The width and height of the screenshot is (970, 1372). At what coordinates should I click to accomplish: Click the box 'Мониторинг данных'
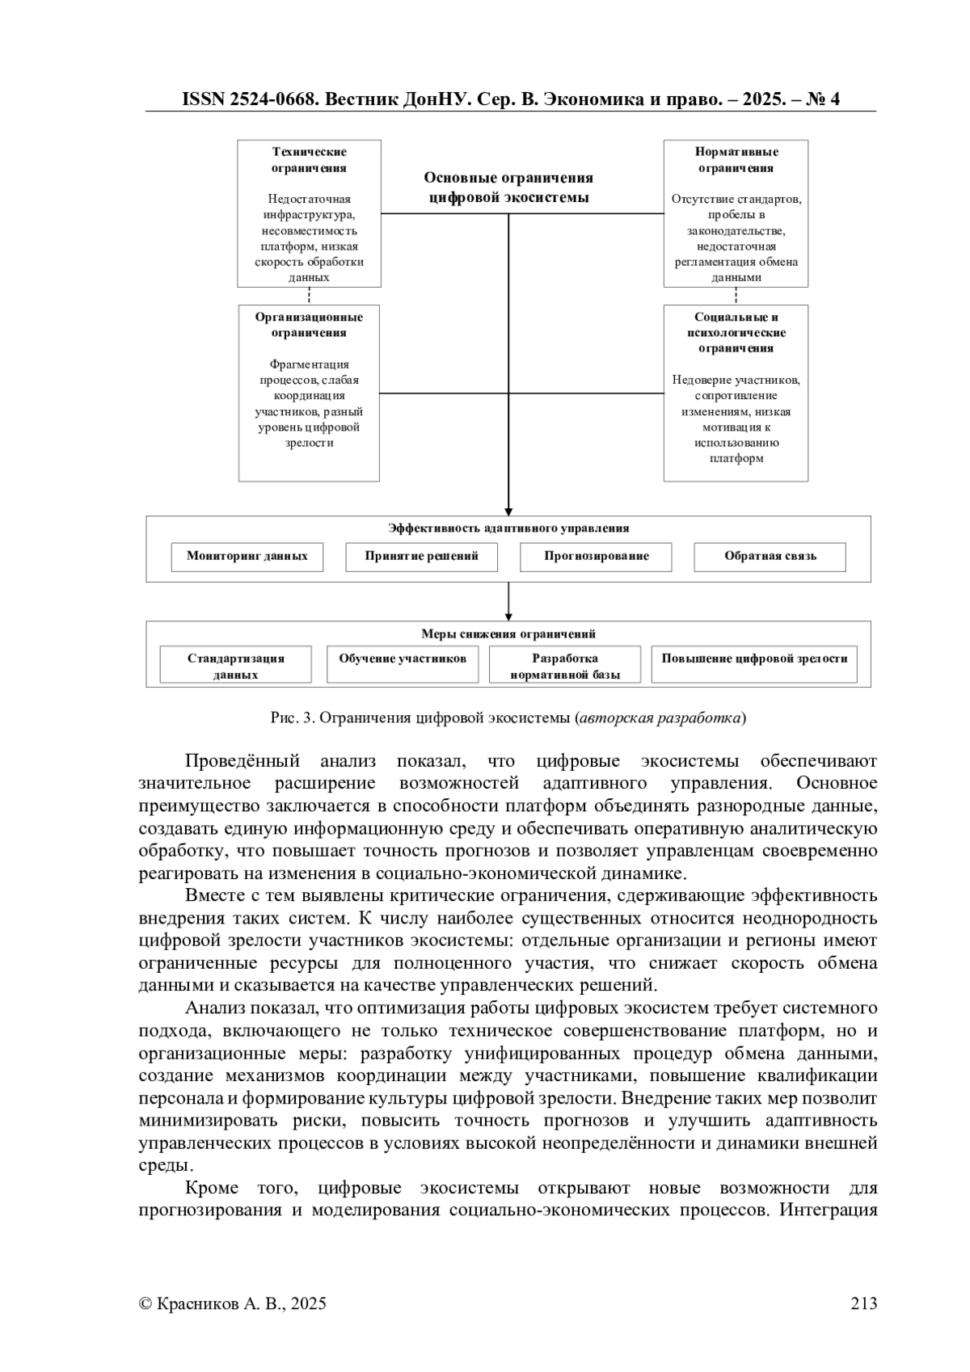pyautogui.click(x=247, y=557)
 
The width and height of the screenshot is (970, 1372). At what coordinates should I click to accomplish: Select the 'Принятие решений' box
pyautogui.click(x=421, y=557)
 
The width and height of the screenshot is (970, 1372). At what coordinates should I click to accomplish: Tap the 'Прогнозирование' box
pyautogui.click(x=596, y=557)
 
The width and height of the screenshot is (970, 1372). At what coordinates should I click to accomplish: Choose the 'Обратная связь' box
pyautogui.click(x=770, y=557)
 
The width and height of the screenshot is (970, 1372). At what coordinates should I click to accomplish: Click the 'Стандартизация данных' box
pyautogui.click(x=236, y=665)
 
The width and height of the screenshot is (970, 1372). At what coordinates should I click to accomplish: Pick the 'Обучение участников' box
pyautogui.click(x=403, y=659)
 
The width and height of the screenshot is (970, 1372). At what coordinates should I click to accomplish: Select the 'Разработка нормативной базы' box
pyautogui.click(x=565, y=665)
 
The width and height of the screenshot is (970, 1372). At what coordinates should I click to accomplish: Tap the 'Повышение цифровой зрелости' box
pyautogui.click(x=754, y=659)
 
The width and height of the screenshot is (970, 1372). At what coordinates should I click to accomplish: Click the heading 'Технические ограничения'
pyautogui.click(x=309, y=160)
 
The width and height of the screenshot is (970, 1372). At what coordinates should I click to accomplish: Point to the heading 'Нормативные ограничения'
pyautogui.click(x=736, y=160)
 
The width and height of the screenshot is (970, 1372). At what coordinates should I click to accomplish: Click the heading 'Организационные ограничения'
pyautogui.click(x=309, y=325)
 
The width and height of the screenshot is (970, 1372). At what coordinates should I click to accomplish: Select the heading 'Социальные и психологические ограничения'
pyautogui.click(x=736, y=333)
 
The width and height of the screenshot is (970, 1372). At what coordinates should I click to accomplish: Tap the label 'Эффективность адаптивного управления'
pyautogui.click(x=508, y=528)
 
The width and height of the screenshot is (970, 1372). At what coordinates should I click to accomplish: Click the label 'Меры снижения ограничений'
pyautogui.click(x=508, y=634)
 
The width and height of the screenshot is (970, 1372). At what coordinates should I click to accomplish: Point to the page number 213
pyautogui.click(x=863, y=1303)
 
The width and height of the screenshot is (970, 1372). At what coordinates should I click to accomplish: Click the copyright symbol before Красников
pyautogui.click(x=145, y=1303)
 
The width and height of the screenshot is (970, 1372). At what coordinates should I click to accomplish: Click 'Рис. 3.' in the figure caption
pyautogui.click(x=292, y=718)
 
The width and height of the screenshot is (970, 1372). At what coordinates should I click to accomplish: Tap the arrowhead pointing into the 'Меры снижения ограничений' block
pyautogui.click(x=508, y=616)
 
